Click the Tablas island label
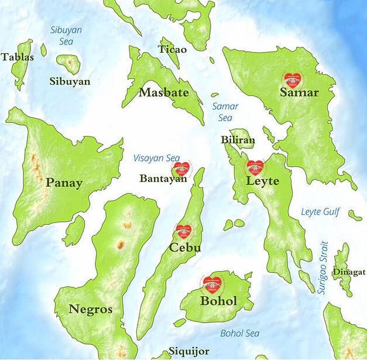pos(17,57)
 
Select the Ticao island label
pos(173,49)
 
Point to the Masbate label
pos(164,92)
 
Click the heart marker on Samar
pos(292,80)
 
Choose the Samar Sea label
pos(225,112)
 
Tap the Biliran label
pos(238,140)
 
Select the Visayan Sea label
pos(156,157)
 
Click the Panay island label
pos(64,183)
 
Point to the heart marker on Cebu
pos(185,232)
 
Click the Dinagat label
pos(349,272)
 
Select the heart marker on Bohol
pos(212,284)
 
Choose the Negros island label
pos(90,309)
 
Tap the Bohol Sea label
pos(239,333)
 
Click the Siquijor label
pos(188,351)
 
